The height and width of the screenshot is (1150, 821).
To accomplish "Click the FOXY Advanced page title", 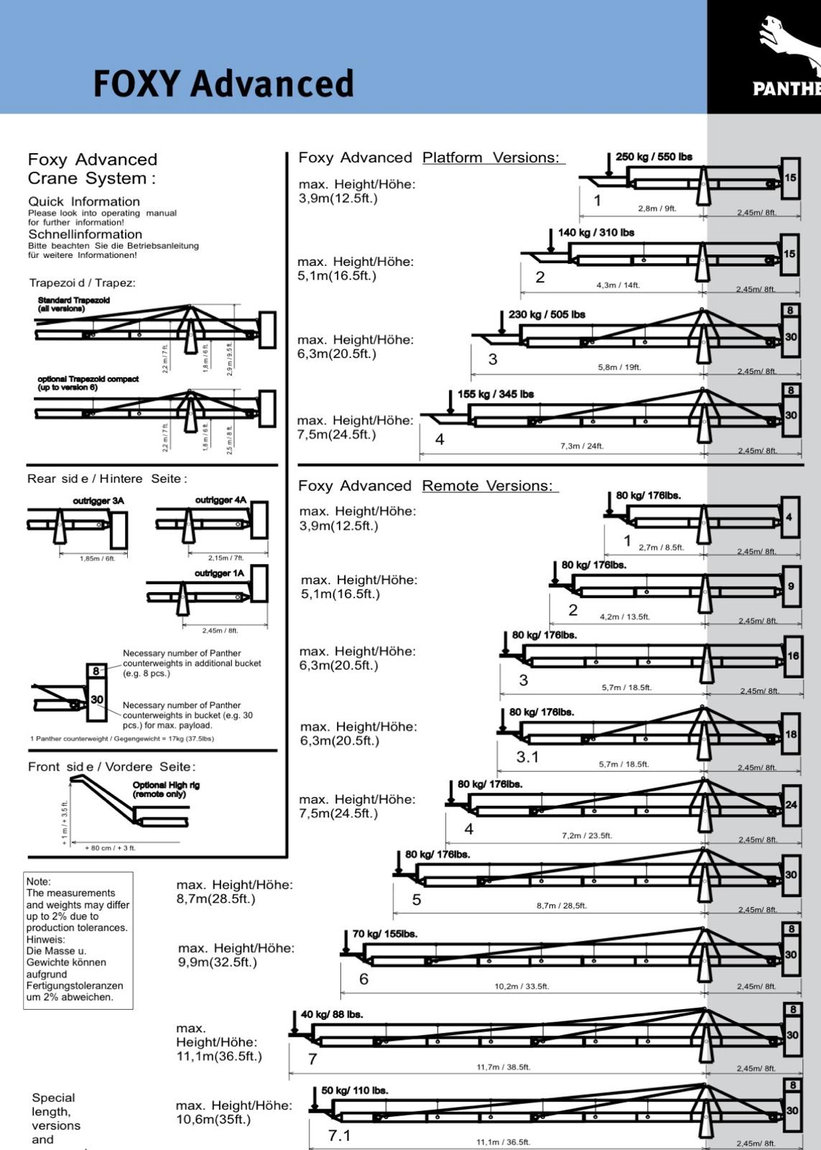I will click(x=223, y=83).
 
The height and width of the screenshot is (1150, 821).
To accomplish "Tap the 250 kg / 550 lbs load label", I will click(x=654, y=157).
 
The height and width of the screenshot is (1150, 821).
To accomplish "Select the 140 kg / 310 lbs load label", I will click(x=596, y=232).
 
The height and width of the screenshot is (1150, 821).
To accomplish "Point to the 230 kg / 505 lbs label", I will click(x=547, y=314).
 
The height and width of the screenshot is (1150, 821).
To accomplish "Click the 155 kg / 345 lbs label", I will click(x=496, y=394).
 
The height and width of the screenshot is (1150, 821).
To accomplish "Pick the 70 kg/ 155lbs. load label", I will click(x=385, y=934).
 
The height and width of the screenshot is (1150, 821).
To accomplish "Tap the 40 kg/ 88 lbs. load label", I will click(x=332, y=1014).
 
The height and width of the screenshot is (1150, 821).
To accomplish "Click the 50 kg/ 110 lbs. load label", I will click(x=354, y=1090).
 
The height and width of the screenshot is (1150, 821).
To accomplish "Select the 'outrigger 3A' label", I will click(x=98, y=500).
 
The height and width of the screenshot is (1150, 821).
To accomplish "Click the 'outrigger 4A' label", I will click(x=221, y=500).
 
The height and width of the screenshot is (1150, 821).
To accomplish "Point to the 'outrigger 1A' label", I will click(x=219, y=573).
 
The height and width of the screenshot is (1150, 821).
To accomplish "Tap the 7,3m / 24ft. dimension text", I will click(x=582, y=446).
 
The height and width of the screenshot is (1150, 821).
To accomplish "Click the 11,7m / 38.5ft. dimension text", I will click(x=504, y=1067).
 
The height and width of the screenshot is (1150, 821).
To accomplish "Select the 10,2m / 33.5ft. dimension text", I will click(x=521, y=986).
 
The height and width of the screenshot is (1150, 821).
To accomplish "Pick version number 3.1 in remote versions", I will click(x=527, y=757).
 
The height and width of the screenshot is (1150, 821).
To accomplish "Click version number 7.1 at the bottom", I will click(x=339, y=1136).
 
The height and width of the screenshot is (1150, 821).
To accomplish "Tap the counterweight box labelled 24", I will click(x=791, y=804).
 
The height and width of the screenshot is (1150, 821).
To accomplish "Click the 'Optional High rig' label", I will click(x=166, y=789).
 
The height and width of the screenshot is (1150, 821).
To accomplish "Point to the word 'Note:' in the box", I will click(x=39, y=881).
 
